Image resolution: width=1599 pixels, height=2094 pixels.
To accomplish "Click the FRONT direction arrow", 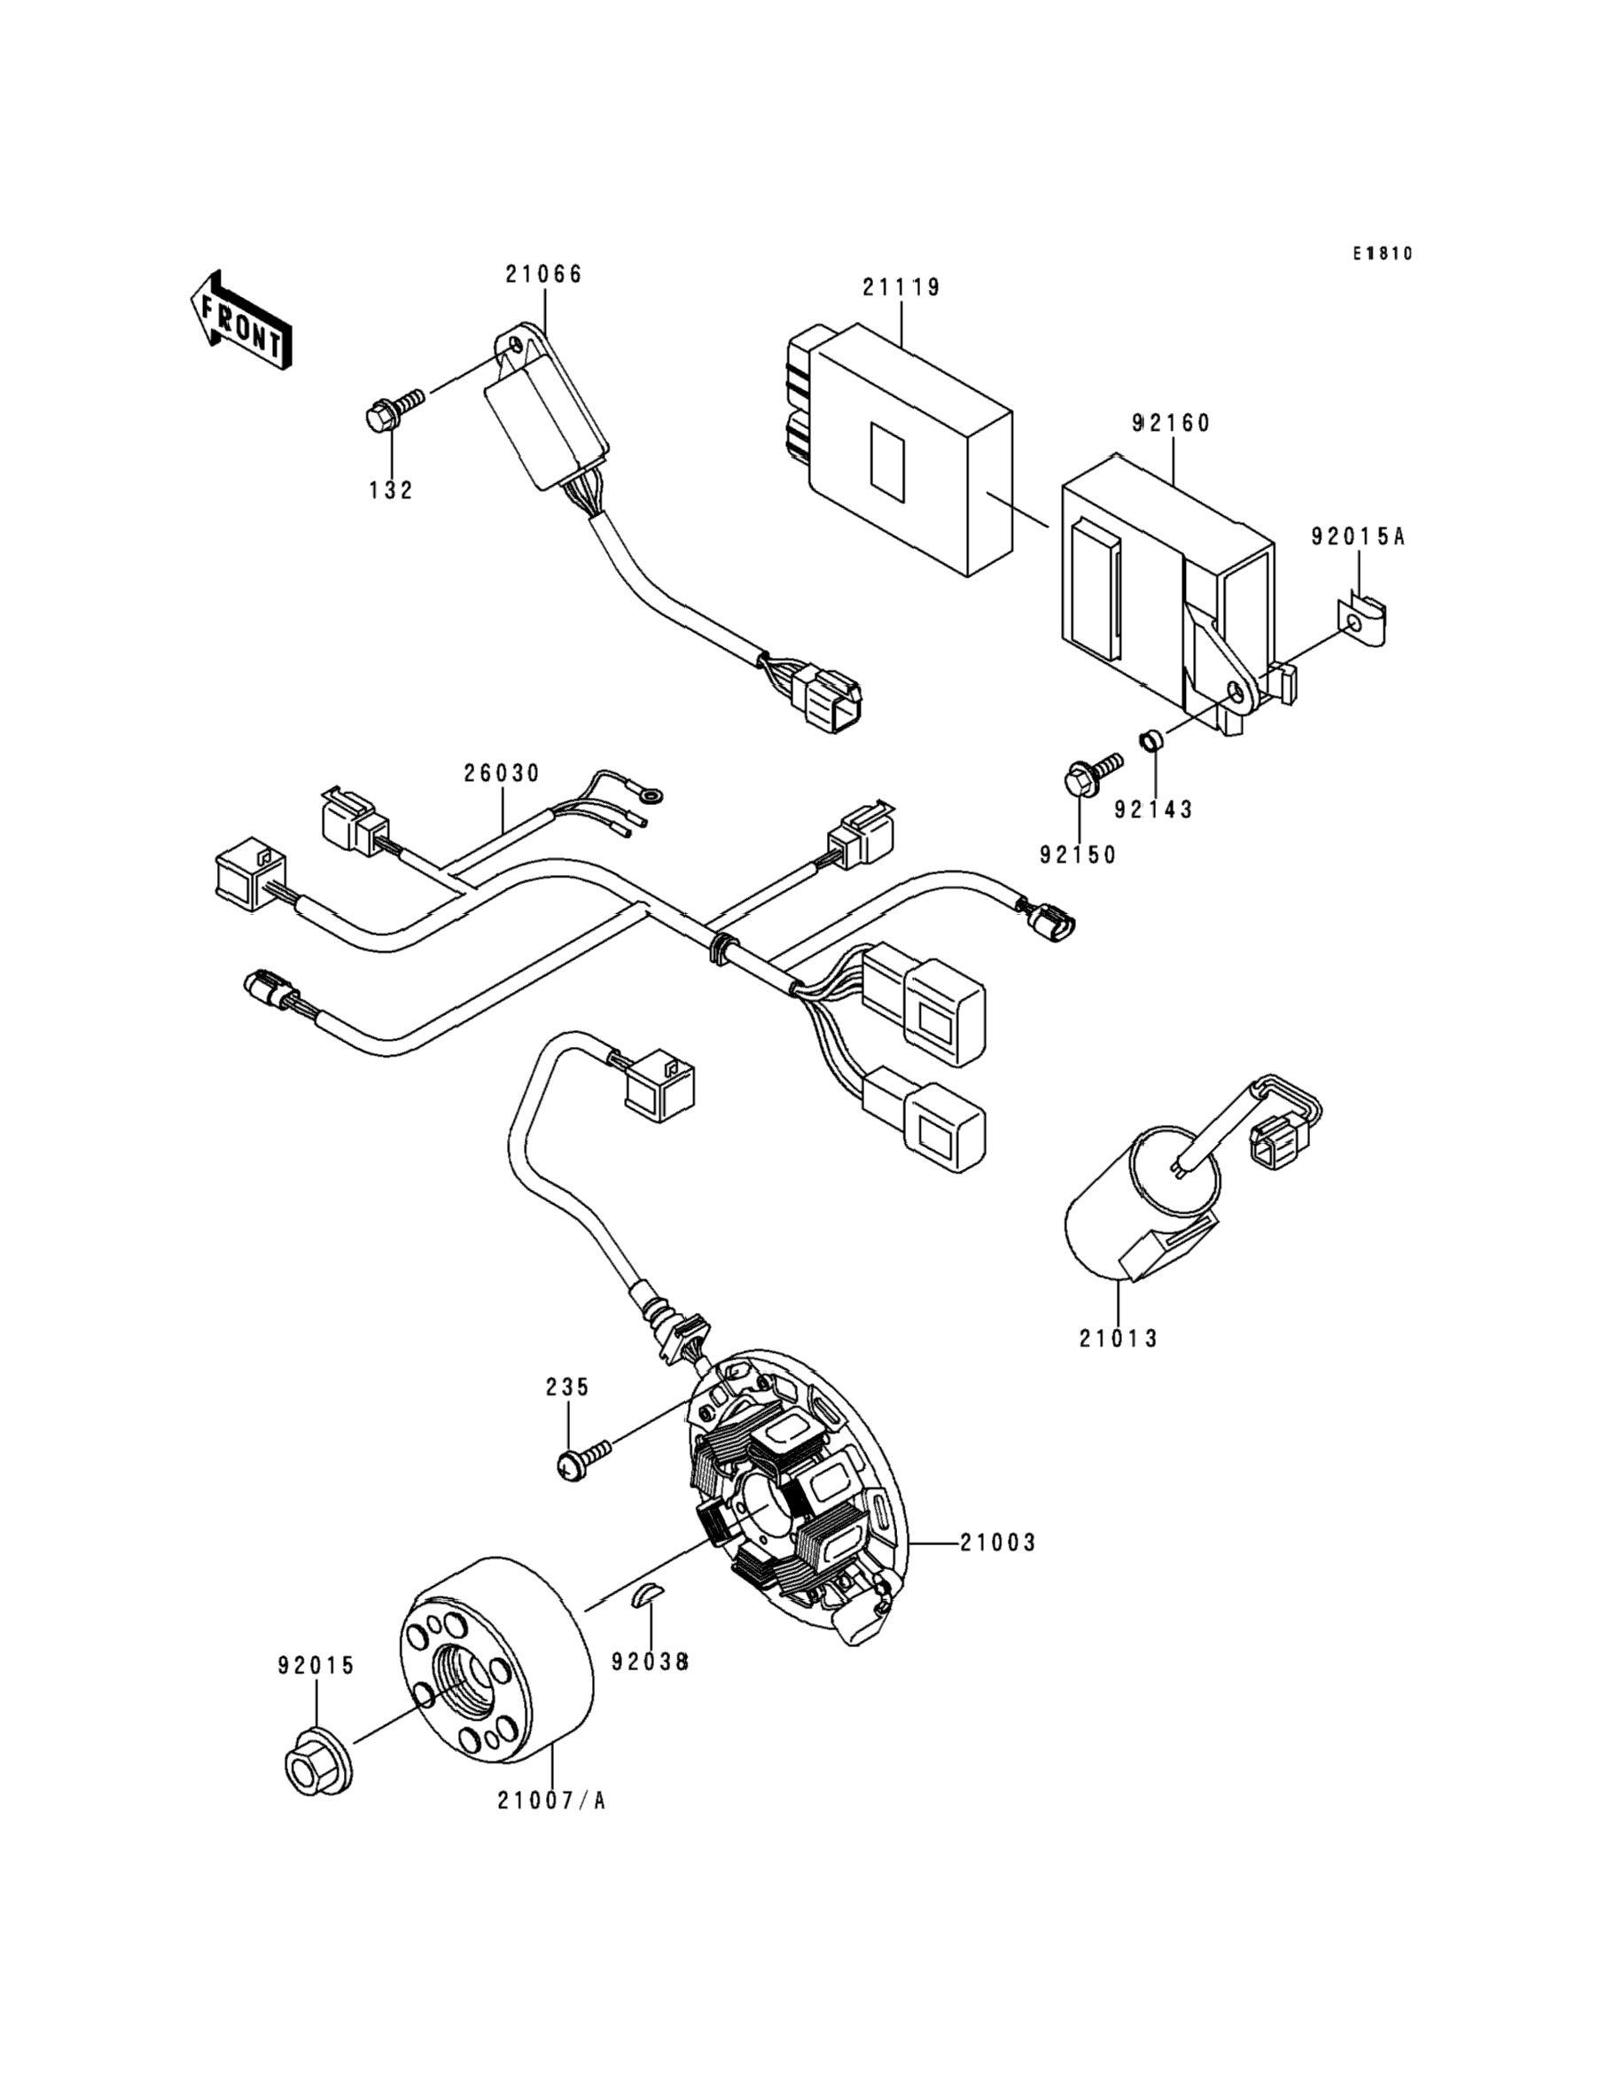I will pyautogui.click(x=240, y=320).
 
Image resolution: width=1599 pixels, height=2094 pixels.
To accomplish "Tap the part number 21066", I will pyautogui.click(x=543, y=274).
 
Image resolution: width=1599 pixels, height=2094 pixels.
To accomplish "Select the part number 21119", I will pyautogui.click(x=901, y=287).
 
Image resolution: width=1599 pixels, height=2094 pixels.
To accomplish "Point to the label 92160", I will pyautogui.click(x=1172, y=424).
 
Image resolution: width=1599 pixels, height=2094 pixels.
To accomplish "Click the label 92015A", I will pyautogui.click(x=1358, y=538).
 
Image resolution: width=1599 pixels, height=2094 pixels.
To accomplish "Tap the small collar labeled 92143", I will pyautogui.click(x=1150, y=738).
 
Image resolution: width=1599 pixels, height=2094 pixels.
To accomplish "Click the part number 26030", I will pyautogui.click(x=502, y=774).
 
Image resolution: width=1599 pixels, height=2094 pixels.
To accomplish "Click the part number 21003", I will pyautogui.click(x=996, y=1543).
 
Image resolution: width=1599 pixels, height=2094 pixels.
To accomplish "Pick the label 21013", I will pyautogui.click(x=1119, y=1339).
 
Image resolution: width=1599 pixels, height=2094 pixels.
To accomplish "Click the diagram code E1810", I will pyautogui.click(x=1383, y=254).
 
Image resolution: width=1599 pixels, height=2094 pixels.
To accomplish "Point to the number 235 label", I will pyautogui.click(x=567, y=1387).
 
